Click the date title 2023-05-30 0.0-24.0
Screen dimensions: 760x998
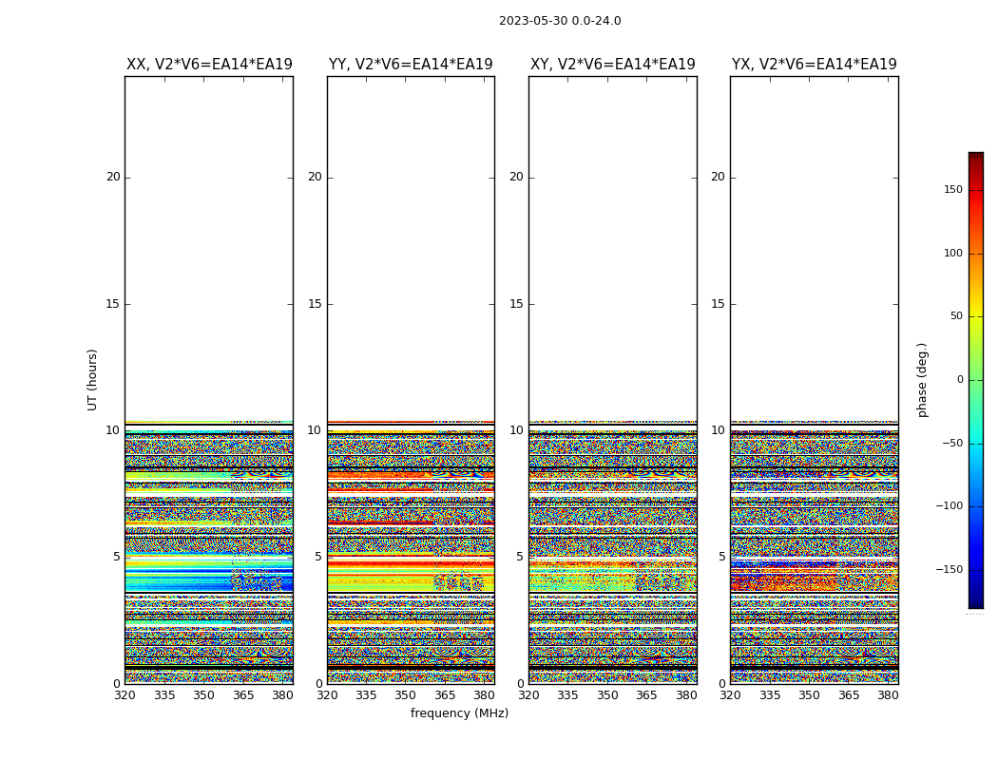tap(560, 21)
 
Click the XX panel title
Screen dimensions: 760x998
tap(209, 65)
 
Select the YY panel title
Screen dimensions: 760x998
tap(411, 65)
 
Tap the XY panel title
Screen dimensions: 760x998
tap(612, 65)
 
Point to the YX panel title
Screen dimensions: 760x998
tap(814, 65)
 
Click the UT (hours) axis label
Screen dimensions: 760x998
tap(93, 379)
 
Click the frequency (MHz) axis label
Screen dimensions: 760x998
tap(459, 713)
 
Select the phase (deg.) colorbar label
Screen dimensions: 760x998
tap(922, 379)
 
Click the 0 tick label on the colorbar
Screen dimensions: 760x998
tap(960, 380)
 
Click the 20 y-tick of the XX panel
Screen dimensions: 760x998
tap(113, 177)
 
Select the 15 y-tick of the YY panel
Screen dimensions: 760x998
tap(315, 304)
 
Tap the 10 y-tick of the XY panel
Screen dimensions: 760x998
tap(516, 430)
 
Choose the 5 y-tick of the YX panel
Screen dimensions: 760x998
tap(721, 557)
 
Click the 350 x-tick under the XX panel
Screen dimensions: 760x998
tap(203, 695)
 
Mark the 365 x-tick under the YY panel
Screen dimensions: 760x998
tap(445, 695)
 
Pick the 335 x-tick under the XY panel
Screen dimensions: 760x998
tap(567, 695)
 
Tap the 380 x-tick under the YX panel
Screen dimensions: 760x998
tap(888, 695)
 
